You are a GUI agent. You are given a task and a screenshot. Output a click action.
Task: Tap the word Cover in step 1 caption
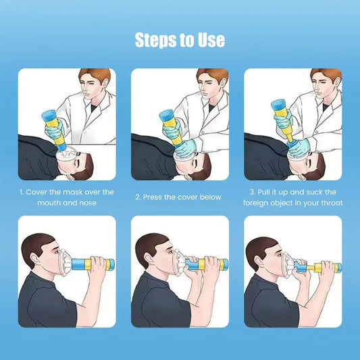pyautogui.click(x=36, y=192)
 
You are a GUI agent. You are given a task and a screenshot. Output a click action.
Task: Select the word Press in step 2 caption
pyautogui.click(x=152, y=197)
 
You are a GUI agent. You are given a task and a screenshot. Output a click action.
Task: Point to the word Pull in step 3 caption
pyautogui.click(x=264, y=192)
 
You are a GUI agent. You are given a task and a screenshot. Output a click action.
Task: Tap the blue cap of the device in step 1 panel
pyautogui.click(x=49, y=115)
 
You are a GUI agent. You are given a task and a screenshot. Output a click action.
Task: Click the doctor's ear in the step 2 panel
pyautogui.click(x=222, y=84)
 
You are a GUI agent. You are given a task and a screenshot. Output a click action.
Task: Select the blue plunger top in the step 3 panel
pyautogui.click(x=278, y=104)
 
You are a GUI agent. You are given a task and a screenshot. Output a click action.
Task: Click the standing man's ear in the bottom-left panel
pyautogui.click(x=34, y=261)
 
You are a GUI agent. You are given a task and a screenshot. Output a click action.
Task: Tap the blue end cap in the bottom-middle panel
pyautogui.click(x=225, y=264)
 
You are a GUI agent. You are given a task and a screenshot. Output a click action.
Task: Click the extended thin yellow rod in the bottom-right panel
pyautogui.click(x=311, y=267)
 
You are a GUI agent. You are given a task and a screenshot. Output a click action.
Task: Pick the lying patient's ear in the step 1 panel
pyautogui.click(x=70, y=176)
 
